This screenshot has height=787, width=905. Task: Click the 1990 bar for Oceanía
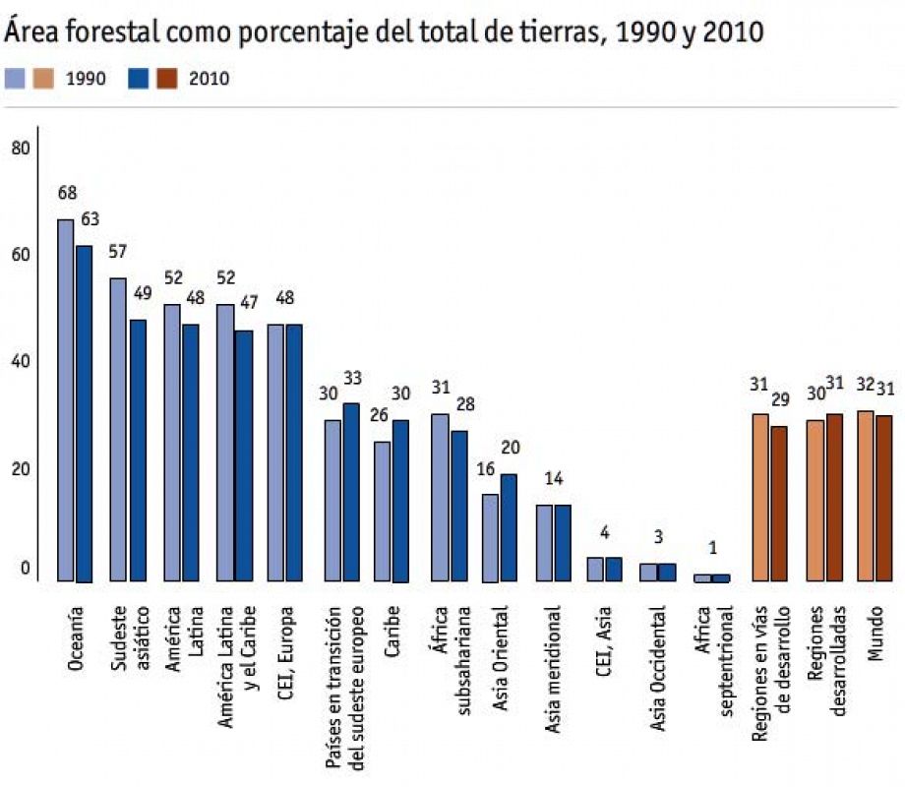coord(65,399)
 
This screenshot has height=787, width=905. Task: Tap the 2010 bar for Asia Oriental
coord(509,527)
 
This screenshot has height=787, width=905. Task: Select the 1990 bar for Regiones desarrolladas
coord(814,501)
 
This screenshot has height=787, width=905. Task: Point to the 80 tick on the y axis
coord(21,149)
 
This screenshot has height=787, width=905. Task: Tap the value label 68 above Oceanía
coord(67,193)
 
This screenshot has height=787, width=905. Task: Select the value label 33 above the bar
coord(353,378)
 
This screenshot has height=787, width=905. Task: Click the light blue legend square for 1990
coord(15,79)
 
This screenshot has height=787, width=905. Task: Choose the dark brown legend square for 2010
coord(168,79)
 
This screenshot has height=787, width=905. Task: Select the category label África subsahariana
coord(448,649)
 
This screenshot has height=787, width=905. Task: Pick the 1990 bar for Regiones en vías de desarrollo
coord(760,497)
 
